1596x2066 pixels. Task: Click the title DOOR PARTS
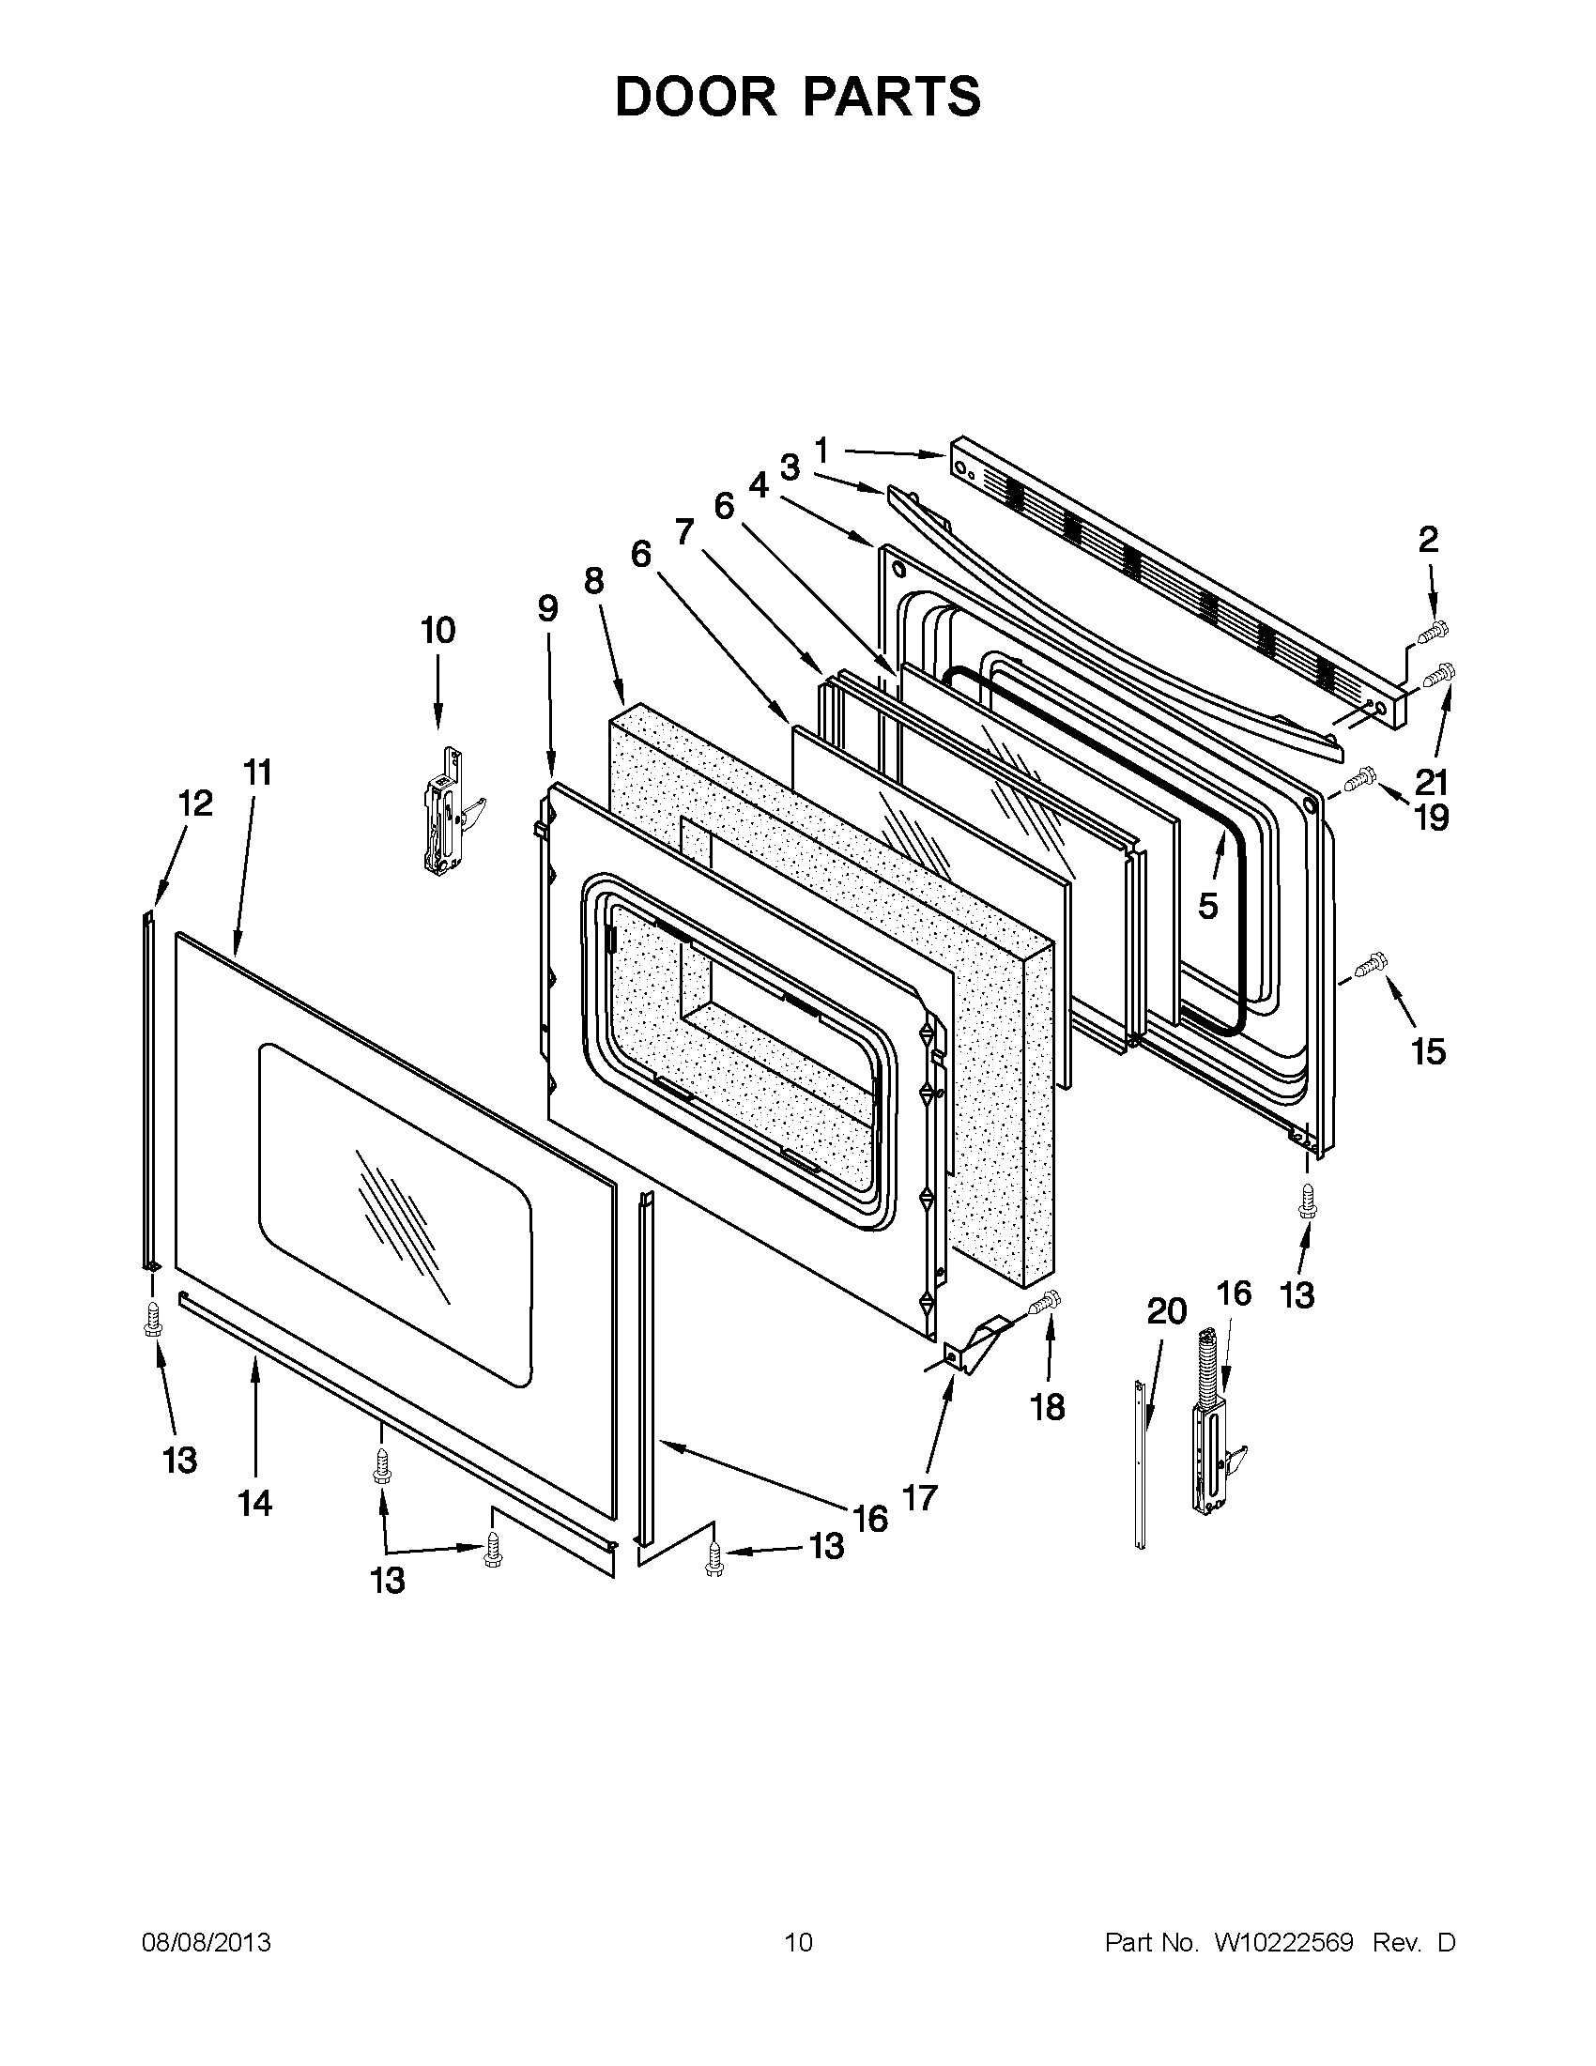797,97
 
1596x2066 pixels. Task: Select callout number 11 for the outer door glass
257,773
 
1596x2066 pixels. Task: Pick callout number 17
919,1496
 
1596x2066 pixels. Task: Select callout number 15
1429,1051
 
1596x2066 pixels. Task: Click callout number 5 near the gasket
1208,905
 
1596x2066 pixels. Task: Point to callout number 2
1428,539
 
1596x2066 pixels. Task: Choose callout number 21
1432,782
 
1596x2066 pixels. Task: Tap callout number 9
547,608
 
